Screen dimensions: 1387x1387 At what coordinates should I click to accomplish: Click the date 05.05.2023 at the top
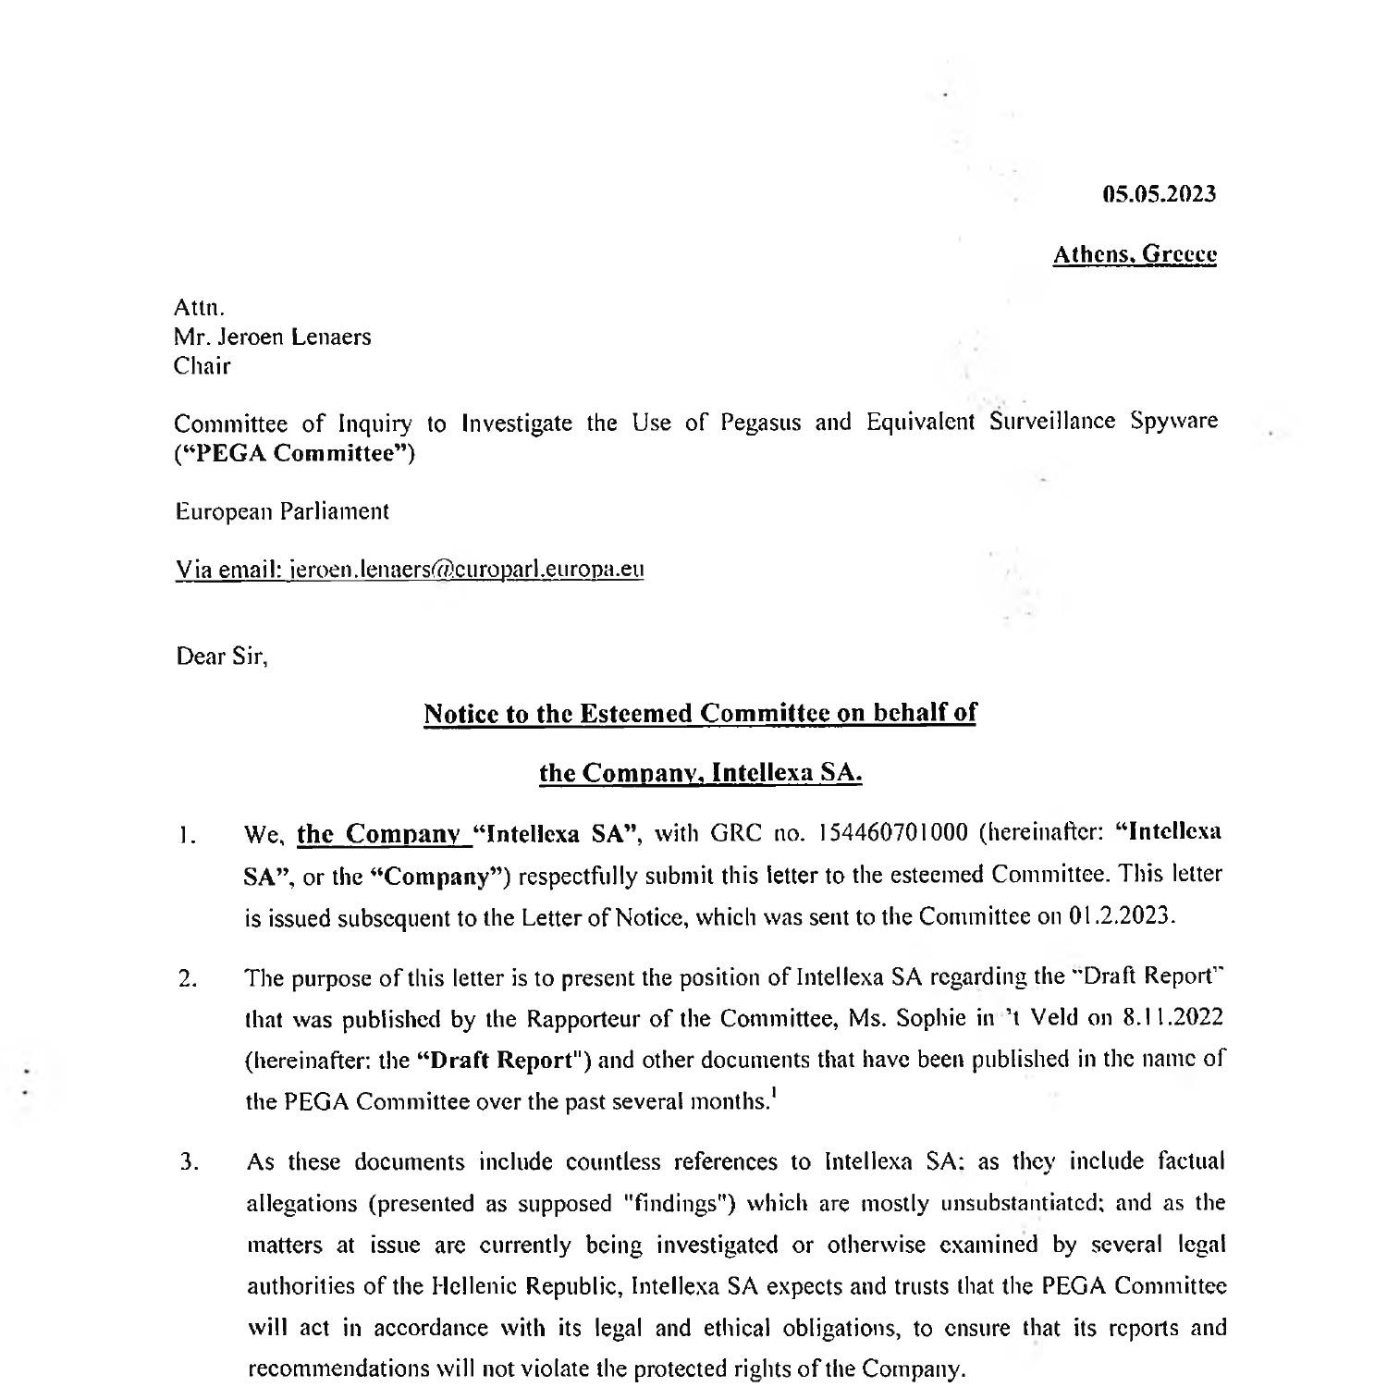click(1160, 194)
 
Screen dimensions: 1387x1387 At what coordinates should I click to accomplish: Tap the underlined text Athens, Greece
click(1135, 254)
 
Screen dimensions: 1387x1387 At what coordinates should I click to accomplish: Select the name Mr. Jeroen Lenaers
click(273, 337)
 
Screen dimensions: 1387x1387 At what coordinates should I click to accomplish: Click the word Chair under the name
click(203, 366)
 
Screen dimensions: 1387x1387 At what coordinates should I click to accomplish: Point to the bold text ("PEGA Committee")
click(295, 454)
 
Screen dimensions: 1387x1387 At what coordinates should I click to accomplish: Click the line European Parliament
click(282, 511)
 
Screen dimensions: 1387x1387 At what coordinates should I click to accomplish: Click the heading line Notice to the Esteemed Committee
click(699, 714)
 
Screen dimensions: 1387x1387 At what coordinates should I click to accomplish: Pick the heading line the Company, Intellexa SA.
click(700, 773)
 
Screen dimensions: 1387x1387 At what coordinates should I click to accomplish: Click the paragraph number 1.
click(186, 838)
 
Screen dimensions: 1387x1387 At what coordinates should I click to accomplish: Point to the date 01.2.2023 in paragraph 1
click(1121, 917)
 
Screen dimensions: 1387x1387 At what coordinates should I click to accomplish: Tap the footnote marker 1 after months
click(772, 1097)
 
